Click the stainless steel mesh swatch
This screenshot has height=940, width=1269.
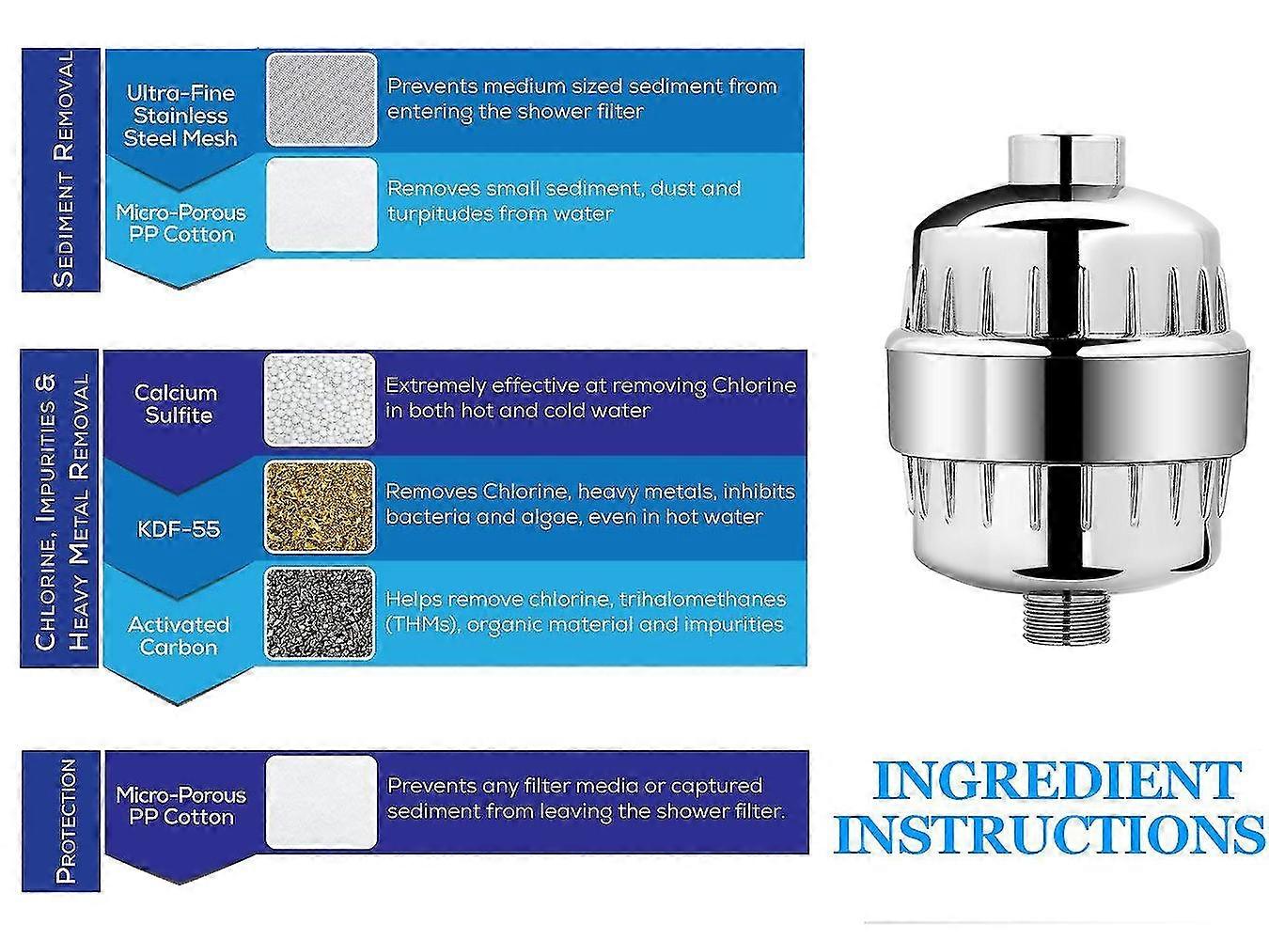tap(321, 100)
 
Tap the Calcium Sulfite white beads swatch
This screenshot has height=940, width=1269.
tap(320, 399)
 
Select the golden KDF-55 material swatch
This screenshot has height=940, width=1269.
tap(320, 507)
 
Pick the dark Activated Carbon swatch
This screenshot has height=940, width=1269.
tap(320, 613)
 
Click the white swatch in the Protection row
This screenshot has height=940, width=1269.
tap(321, 802)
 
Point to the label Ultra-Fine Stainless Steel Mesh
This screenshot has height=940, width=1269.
tap(180, 116)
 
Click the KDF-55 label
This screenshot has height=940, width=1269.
tap(179, 528)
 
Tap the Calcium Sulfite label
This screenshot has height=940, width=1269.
tap(176, 404)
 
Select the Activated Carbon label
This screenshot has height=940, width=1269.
tap(180, 635)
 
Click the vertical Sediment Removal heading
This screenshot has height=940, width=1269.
tap(63, 169)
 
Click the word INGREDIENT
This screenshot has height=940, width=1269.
tap(1055, 781)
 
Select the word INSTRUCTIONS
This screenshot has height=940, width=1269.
tap(1049, 834)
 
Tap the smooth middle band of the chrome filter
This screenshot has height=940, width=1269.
tap(1066, 407)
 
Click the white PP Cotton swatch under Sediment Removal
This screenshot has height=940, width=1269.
tap(321, 204)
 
